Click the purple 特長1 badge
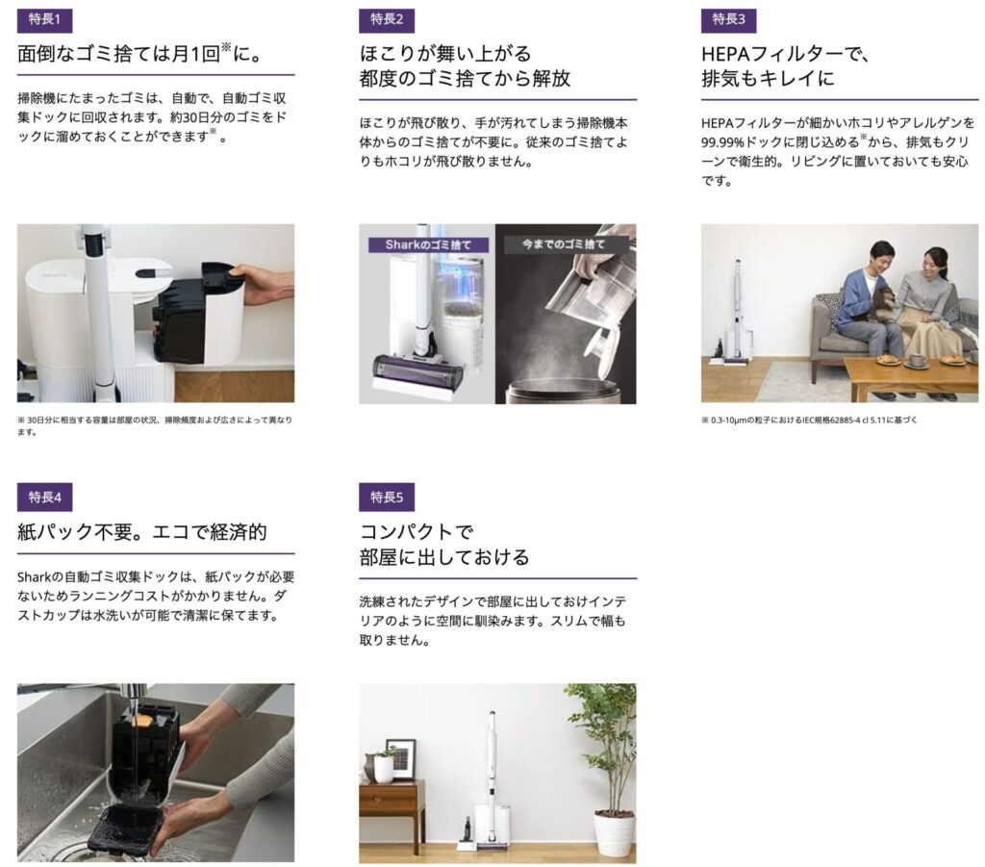pos(44,19)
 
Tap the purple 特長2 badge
pos(387,19)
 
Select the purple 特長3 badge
pos(729,19)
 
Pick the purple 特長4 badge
pos(44,497)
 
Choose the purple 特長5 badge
pos(387,497)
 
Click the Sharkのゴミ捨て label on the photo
pos(428,244)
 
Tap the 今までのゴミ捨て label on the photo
pos(564,243)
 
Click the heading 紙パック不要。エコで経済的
pos(142,532)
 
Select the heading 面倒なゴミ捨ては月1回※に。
pos(139,53)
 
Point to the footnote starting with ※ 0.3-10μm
pos(809,421)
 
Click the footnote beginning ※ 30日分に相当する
pos(155,426)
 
